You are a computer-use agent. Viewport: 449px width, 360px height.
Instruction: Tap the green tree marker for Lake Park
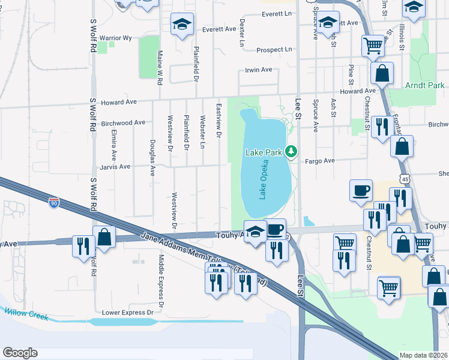tap(291, 151)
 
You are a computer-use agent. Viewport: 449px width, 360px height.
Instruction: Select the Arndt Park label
tap(424, 86)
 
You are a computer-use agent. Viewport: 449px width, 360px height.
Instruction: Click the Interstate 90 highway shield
tap(54, 203)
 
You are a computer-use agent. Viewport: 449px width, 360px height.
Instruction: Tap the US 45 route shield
tap(406, 179)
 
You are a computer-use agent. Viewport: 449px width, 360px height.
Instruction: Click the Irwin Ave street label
tap(258, 70)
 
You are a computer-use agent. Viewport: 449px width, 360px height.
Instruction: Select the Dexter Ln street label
tap(243, 32)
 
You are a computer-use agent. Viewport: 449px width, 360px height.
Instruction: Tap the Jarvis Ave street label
tap(115, 167)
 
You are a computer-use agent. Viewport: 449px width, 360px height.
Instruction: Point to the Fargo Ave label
tap(319, 161)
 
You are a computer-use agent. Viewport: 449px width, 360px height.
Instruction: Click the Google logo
tap(20, 353)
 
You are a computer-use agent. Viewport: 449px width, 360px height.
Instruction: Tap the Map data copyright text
tap(424, 355)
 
